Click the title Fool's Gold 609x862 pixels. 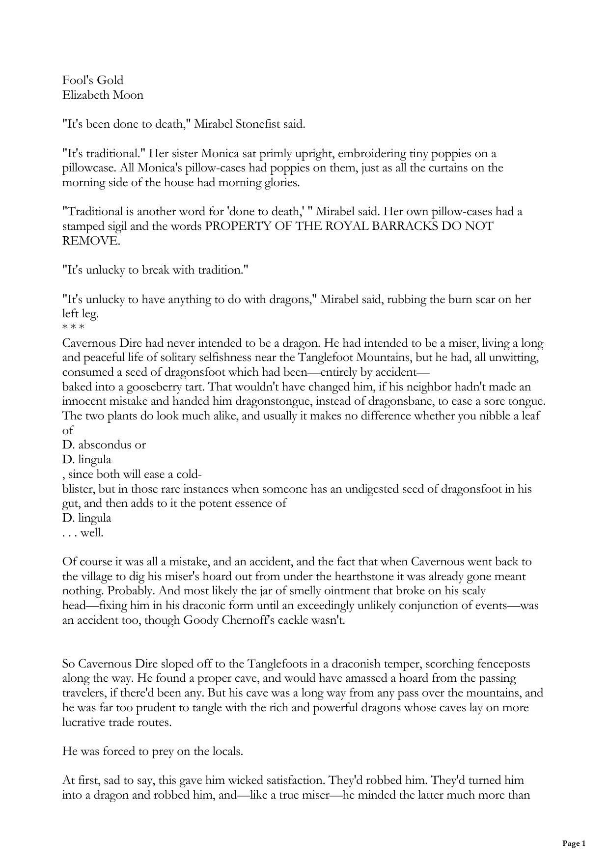(93, 80)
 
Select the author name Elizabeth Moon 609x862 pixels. (103, 95)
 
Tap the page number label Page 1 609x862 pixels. (574, 843)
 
